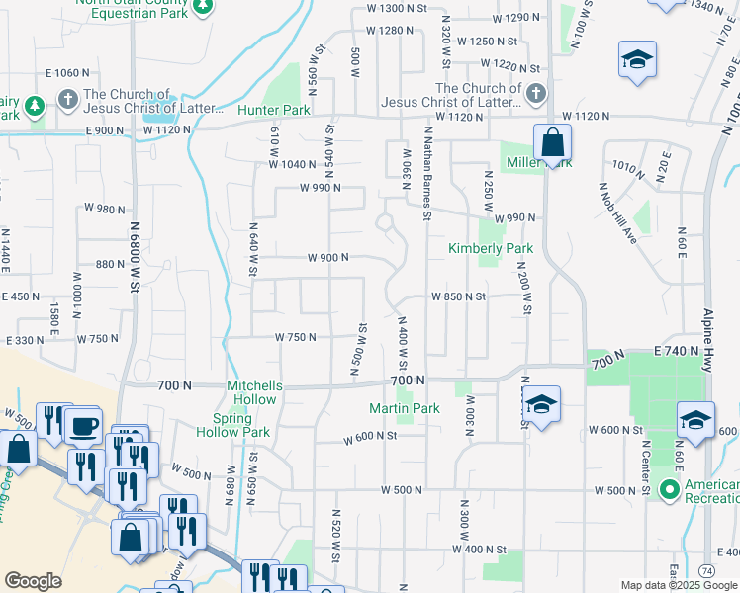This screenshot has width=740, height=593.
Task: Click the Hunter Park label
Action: (x=274, y=110)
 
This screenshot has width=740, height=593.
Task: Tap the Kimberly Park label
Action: (x=491, y=248)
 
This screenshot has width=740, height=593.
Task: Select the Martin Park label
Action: (x=404, y=408)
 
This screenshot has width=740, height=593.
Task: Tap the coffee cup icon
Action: (x=84, y=427)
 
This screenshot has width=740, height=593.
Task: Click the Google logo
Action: (x=33, y=581)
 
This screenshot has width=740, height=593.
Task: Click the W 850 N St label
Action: (x=458, y=296)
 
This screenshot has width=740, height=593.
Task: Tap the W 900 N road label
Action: (x=327, y=258)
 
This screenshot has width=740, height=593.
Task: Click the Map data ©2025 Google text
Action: (x=680, y=585)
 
